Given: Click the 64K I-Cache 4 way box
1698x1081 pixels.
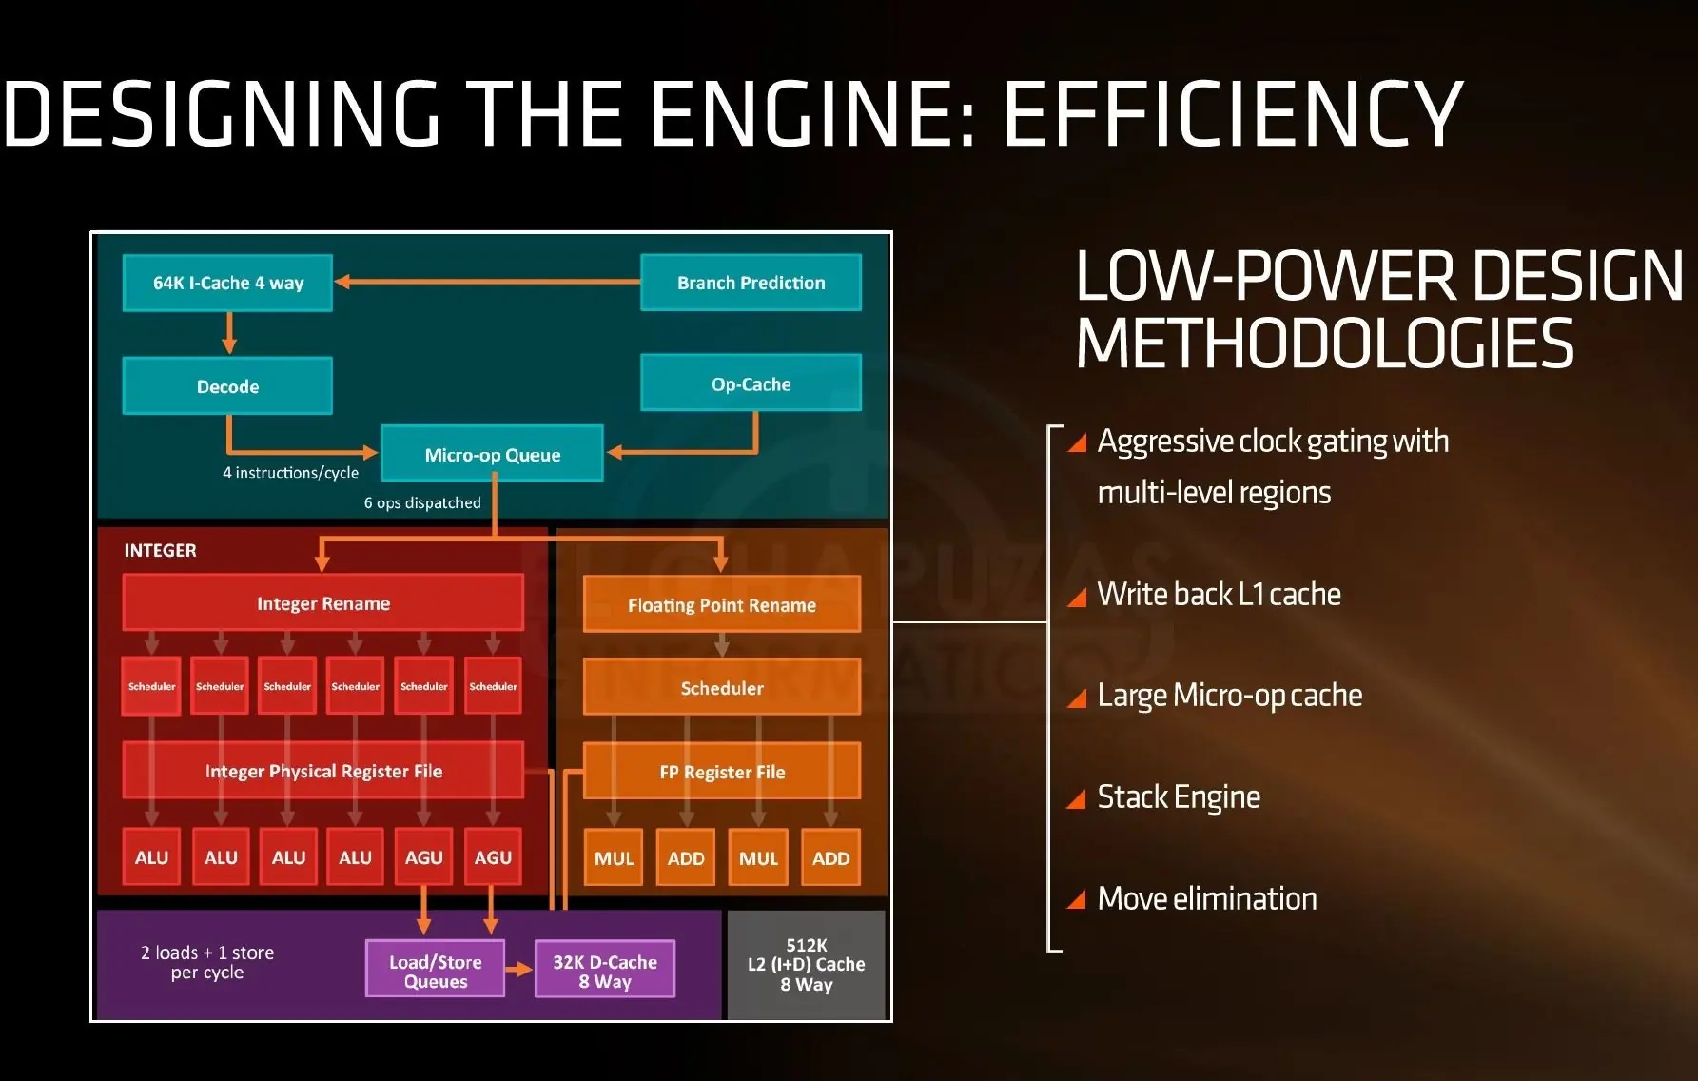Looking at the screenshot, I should pyautogui.click(x=227, y=283).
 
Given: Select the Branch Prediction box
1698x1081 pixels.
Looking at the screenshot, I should pyautogui.click(x=751, y=283).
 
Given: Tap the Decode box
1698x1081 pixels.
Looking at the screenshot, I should pyautogui.click(x=227, y=386).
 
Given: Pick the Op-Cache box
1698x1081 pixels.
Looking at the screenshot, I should pyautogui.click(x=751, y=383).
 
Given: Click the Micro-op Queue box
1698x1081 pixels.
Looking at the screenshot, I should pyautogui.click(x=492, y=454).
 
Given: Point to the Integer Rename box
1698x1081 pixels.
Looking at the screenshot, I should pyautogui.click(x=322, y=603).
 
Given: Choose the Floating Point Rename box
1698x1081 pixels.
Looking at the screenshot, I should pyautogui.click(x=721, y=604).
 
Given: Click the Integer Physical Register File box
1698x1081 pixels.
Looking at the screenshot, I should pyautogui.click(x=322, y=771).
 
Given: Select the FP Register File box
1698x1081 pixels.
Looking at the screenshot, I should pyautogui.click(x=721, y=772).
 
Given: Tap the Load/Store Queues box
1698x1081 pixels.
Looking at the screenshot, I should pyautogui.click(x=435, y=971).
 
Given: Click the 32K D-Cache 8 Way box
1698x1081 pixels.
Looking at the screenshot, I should pyautogui.click(x=605, y=971).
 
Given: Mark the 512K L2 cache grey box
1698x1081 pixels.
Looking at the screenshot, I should pyautogui.click(x=806, y=965).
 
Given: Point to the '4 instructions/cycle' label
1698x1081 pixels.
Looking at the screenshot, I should pyautogui.click(x=290, y=472).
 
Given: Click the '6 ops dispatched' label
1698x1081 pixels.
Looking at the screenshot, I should pyautogui.click(x=422, y=502).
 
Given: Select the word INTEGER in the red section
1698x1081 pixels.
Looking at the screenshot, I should pyautogui.click(x=160, y=550).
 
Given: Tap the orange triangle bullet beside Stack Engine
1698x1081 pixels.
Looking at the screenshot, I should pyautogui.click(x=1077, y=799).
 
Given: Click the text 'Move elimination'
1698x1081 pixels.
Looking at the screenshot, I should pyautogui.click(x=1207, y=898).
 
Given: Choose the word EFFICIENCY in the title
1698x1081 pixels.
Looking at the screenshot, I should pyautogui.click(x=1233, y=114).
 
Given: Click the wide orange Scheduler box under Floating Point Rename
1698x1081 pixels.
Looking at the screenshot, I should pyautogui.click(x=721, y=687).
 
